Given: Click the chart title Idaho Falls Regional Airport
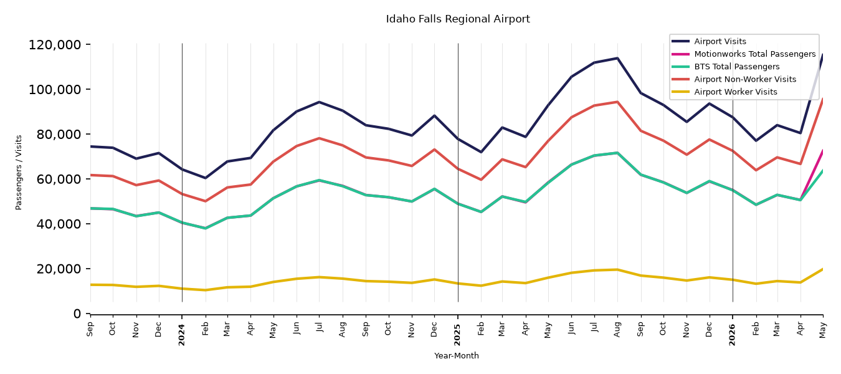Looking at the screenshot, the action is [x=458, y=19].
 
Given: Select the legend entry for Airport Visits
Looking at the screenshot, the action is [x=720, y=41].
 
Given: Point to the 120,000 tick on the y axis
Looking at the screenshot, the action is [x=55, y=45].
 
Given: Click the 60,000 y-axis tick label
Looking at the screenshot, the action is [x=59, y=179].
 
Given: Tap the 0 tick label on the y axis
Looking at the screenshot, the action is [x=77, y=314].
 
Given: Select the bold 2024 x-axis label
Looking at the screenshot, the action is [x=182, y=335].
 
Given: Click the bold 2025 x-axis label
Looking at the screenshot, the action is [x=457, y=335].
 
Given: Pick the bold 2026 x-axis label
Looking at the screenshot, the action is [x=733, y=335].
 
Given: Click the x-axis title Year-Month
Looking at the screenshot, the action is [x=457, y=355].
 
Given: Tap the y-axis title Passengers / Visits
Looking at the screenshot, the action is [x=19, y=173].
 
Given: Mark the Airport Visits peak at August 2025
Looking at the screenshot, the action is [x=617, y=58].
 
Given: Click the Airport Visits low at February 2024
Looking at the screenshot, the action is [x=206, y=178].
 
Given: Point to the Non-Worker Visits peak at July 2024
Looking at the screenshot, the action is [x=319, y=138].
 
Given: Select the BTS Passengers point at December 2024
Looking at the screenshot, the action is [x=434, y=189].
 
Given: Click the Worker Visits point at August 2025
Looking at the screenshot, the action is [x=617, y=270].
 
